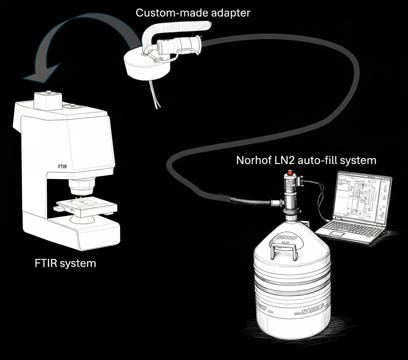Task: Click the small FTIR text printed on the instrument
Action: pos(63,166)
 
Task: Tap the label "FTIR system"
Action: pos(65,263)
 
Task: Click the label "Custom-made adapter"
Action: pos(192,13)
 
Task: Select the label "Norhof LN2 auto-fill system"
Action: pos(306,160)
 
